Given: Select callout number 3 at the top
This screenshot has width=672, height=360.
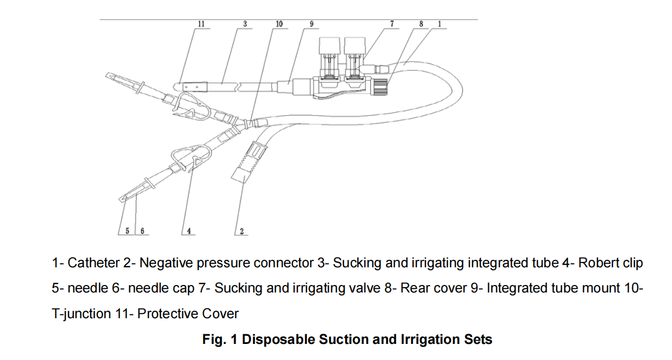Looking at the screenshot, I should (x=245, y=24).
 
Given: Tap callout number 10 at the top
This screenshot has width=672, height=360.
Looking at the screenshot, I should (x=279, y=24).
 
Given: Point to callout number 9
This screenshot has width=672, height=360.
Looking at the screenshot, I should (x=312, y=24).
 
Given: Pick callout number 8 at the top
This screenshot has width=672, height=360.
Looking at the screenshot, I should (x=421, y=24).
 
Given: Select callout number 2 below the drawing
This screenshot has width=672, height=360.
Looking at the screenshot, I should (x=242, y=231).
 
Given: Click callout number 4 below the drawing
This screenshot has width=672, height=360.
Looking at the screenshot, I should (x=189, y=231).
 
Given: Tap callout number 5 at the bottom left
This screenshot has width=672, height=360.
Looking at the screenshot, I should (x=128, y=231).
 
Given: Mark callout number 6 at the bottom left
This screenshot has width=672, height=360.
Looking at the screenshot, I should (x=143, y=231).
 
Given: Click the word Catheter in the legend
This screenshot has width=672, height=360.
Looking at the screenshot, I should (x=93, y=263).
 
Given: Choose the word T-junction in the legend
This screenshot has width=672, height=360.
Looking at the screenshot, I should (x=77, y=313).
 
